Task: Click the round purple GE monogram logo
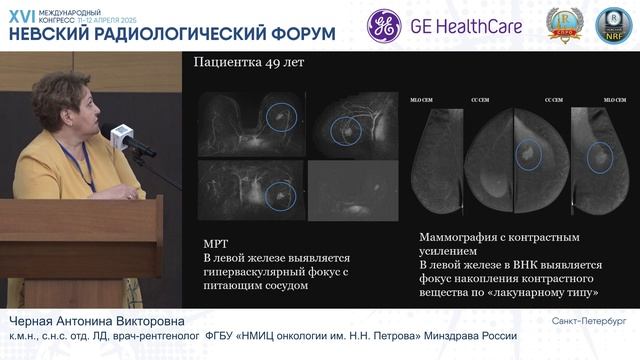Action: click(x=385, y=27)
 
